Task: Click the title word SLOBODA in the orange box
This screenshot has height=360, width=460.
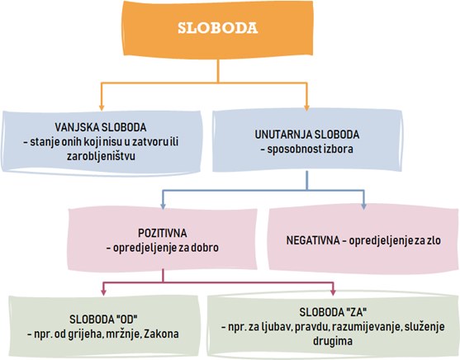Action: pyautogui.click(x=218, y=28)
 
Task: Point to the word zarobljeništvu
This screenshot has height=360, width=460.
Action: pyautogui.click(x=101, y=156)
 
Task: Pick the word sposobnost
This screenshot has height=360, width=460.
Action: pyautogui.click(x=294, y=149)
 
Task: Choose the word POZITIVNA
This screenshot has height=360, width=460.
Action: pyautogui.click(x=162, y=233)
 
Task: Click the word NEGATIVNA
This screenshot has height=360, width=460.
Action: pyautogui.click(x=313, y=240)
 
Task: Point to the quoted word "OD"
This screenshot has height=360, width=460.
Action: pyautogui.click(x=126, y=320)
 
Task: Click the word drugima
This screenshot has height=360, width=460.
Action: pyautogui.click(x=332, y=341)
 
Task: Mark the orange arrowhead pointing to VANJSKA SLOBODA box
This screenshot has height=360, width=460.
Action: pyautogui.click(x=102, y=107)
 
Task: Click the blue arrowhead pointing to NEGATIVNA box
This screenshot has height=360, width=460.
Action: pyautogui.click(x=363, y=206)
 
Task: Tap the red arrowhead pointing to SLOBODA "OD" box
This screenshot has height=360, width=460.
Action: pyautogui.click(x=103, y=291)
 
